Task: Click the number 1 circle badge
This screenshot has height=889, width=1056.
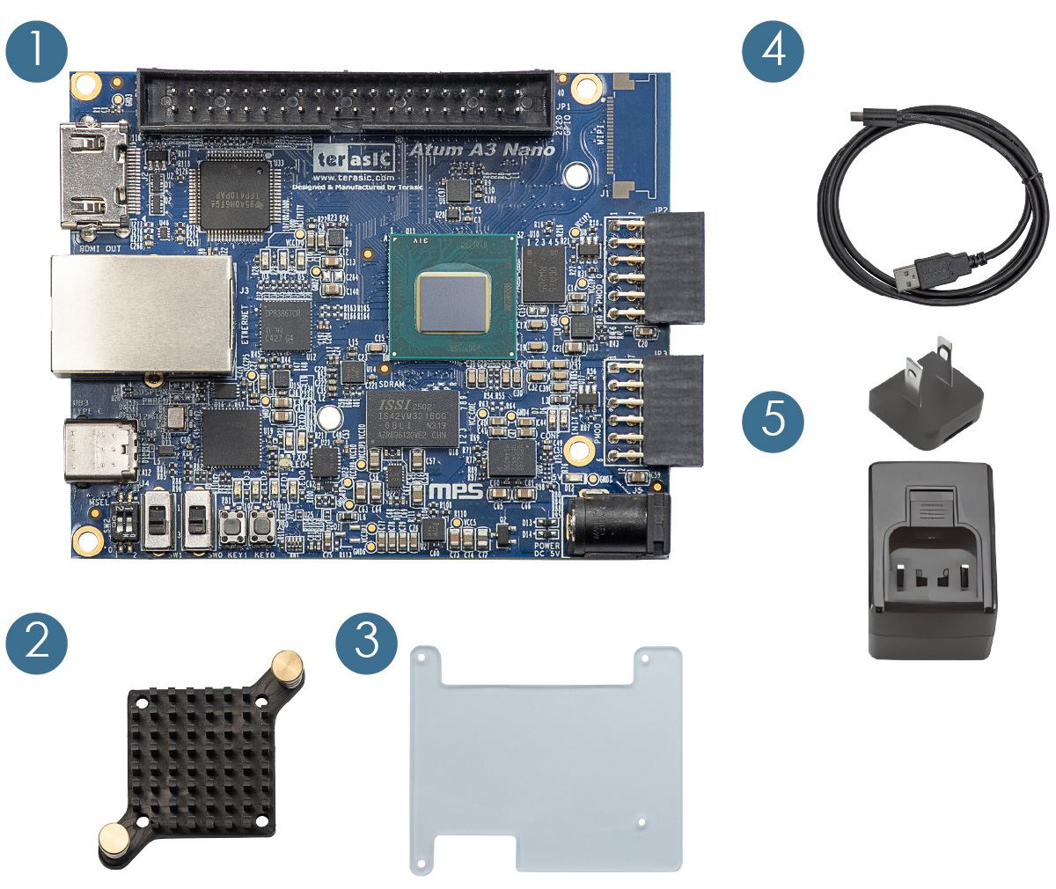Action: point(36,49)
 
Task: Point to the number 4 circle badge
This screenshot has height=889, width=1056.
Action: point(773,49)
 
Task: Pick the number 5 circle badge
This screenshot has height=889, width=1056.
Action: point(773,417)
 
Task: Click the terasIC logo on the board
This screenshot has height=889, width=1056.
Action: point(355,159)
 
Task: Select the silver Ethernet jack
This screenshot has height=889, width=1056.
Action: point(141,315)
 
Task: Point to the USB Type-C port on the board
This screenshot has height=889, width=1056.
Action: point(100,452)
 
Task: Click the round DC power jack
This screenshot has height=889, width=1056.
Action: point(609,526)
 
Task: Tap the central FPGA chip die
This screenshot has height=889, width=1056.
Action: point(452,301)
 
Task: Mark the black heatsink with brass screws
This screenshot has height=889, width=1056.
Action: point(202,760)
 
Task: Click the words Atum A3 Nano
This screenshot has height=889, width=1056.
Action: point(482,151)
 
